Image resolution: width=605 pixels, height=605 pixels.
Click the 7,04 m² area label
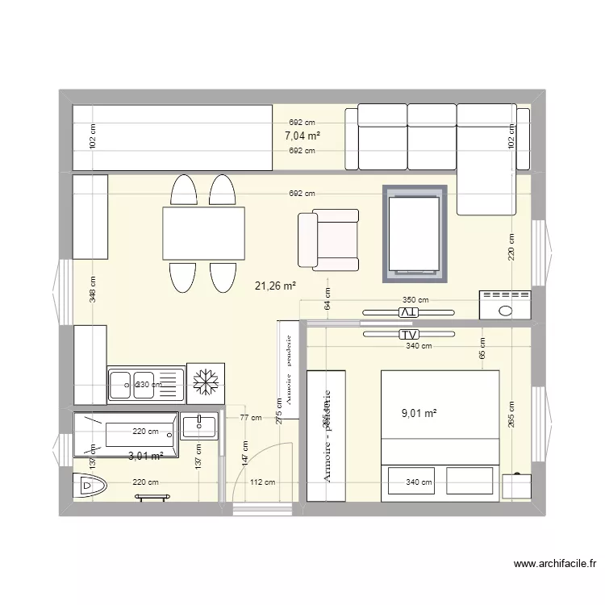(x=302, y=136)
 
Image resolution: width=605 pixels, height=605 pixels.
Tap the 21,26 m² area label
(x=275, y=285)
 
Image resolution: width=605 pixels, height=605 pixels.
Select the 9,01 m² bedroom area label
(x=419, y=413)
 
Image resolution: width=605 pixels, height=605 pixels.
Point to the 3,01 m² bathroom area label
(x=146, y=456)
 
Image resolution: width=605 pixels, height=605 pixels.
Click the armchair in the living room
(x=329, y=240)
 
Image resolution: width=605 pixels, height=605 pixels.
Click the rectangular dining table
(x=204, y=233)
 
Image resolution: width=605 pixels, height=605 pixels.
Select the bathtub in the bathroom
(x=126, y=435)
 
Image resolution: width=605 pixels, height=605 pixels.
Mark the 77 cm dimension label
(x=250, y=418)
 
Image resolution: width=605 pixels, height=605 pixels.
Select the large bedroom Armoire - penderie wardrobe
(x=327, y=436)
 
